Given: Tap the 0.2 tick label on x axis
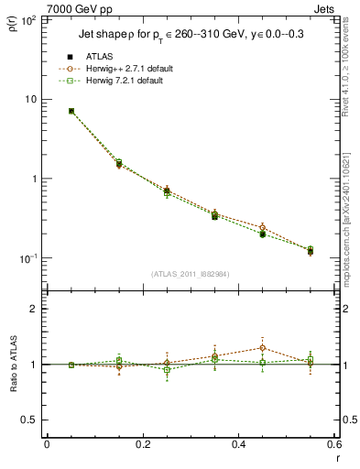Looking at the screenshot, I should point(142,444).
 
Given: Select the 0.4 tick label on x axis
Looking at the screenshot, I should point(238,444).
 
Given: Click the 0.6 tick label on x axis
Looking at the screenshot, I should point(333,444).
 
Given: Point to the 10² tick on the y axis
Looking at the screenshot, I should point(29,19).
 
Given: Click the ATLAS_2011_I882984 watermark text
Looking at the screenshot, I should point(190,273).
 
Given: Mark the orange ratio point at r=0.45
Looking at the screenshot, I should point(262,348).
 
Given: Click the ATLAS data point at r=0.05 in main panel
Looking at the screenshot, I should point(71,111).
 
